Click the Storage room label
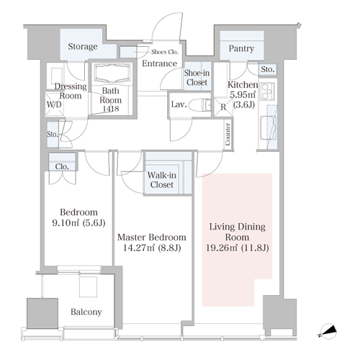83,47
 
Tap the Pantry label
241,48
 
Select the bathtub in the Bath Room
113,73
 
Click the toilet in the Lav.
199,105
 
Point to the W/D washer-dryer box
55,104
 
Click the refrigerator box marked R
223,107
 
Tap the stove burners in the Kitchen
268,91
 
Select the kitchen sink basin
268,128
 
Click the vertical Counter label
228,134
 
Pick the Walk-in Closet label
162,180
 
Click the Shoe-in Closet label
197,78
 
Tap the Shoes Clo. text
165,52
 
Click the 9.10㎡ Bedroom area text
66,223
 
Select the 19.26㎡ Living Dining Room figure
222,248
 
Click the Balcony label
86,312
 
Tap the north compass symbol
328,331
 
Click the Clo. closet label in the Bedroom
62,166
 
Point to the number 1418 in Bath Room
111,109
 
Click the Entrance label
160,63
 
